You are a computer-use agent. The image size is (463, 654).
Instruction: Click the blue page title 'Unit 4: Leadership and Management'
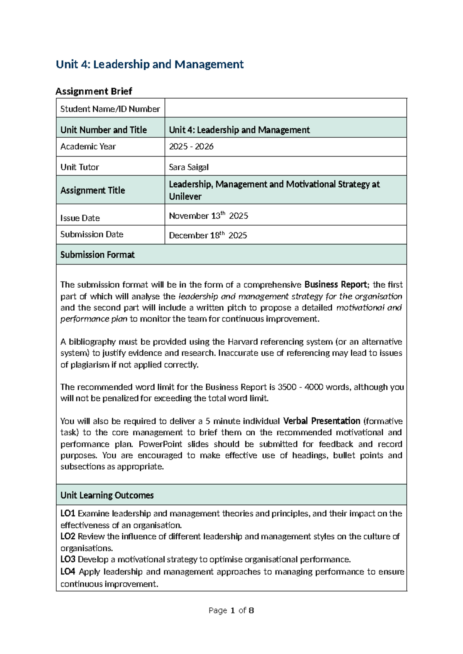(x=150, y=64)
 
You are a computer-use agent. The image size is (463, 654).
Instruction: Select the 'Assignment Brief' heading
(x=94, y=91)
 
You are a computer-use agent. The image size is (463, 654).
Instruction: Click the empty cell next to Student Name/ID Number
(x=286, y=108)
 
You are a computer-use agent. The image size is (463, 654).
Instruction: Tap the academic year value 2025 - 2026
(x=191, y=147)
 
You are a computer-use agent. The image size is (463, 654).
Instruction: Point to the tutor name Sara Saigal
(x=189, y=167)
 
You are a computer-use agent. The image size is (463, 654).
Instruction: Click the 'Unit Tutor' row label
(x=80, y=167)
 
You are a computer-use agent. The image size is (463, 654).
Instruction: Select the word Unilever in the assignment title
(x=185, y=197)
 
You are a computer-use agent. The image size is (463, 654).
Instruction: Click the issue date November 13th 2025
(x=208, y=216)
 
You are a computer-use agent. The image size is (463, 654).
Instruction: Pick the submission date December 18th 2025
(x=208, y=235)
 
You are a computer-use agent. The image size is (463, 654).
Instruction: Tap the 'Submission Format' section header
(x=98, y=255)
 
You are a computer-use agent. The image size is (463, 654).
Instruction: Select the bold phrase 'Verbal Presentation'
(x=322, y=421)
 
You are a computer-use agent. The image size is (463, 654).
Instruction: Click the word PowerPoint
(x=161, y=444)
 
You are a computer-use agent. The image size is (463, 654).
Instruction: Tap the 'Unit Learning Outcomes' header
(x=107, y=496)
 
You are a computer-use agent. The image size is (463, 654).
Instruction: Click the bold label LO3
(x=68, y=560)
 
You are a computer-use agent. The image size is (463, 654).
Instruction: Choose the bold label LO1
(x=68, y=514)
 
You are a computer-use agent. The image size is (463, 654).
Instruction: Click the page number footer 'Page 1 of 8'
(x=231, y=610)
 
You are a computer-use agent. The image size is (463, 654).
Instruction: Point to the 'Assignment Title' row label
(x=93, y=190)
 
